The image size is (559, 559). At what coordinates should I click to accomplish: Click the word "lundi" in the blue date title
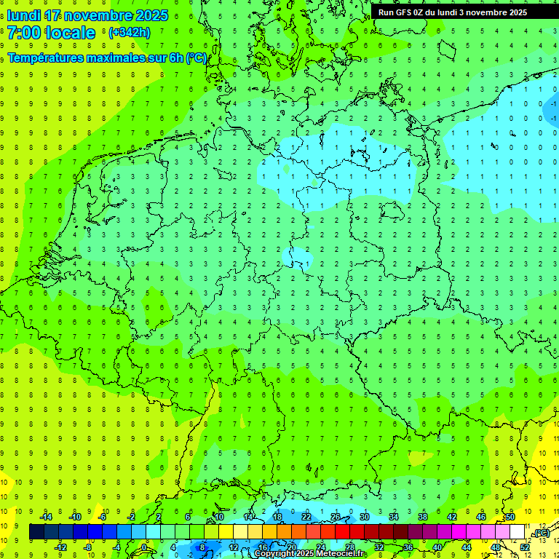pyautogui.click(x=23, y=15)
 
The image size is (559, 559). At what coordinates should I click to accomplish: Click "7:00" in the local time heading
pyautogui.click(x=23, y=33)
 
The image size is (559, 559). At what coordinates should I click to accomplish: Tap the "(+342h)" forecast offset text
pyautogui.click(x=129, y=33)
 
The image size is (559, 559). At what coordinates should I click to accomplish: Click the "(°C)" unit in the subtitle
pyautogui.click(x=196, y=58)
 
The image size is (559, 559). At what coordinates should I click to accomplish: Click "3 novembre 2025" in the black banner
pyautogui.click(x=492, y=12)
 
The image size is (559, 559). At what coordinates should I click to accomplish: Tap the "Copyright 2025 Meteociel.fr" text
pyautogui.click(x=309, y=554)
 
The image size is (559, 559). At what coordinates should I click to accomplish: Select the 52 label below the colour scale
pyautogui.click(x=525, y=547)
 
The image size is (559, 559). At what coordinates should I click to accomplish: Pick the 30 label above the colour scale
pyautogui.click(x=365, y=517)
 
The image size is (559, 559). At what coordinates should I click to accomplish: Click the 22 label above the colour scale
pyautogui.click(x=306, y=517)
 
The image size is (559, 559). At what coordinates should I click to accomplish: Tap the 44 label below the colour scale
pyautogui.click(x=467, y=547)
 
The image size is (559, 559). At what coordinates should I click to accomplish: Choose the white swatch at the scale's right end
pyautogui.click(x=517, y=532)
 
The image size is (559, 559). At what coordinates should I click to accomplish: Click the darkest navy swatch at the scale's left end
pyautogui.click(x=37, y=532)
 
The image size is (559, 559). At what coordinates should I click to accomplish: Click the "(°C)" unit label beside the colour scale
pyautogui.click(x=541, y=534)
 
